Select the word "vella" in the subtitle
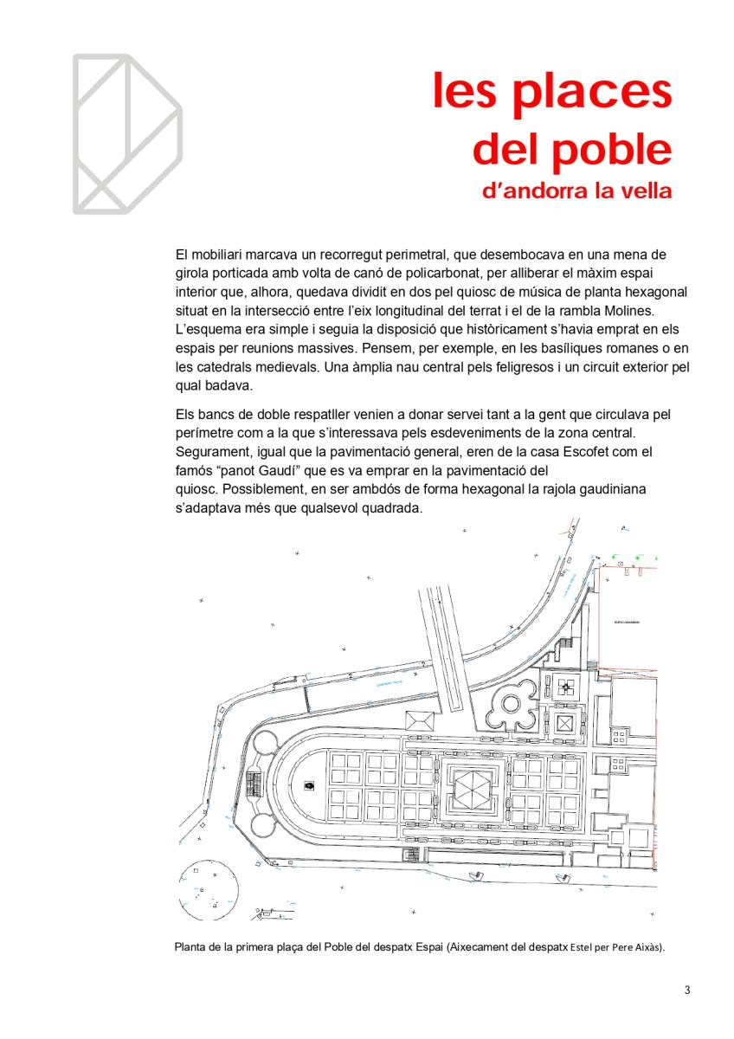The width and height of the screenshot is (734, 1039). coord(642,190)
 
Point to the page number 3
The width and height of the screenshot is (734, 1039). coord(686,990)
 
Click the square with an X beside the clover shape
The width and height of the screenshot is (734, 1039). coord(565,722)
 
